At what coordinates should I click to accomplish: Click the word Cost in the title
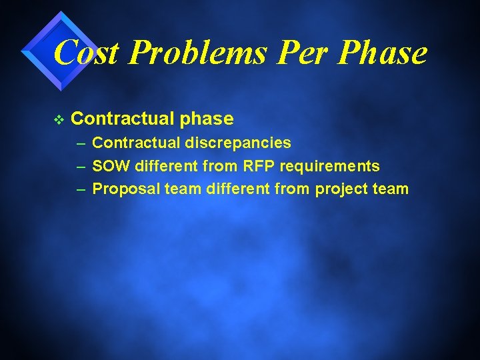[x=86, y=52]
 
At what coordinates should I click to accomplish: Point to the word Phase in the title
[x=382, y=52]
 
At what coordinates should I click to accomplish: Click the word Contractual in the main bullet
[x=122, y=119]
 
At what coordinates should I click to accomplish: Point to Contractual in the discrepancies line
[x=135, y=143]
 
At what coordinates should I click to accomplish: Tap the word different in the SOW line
[x=167, y=166]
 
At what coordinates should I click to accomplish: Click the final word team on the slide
[x=391, y=189]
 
